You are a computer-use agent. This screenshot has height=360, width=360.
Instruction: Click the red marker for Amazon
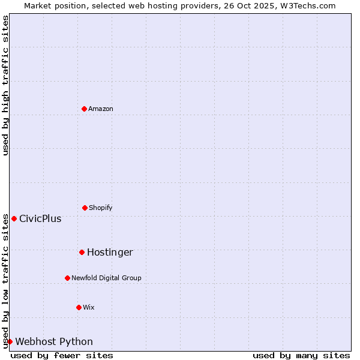pyautogui.click(x=85, y=109)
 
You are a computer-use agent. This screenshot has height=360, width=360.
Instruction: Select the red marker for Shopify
pyautogui.click(x=85, y=208)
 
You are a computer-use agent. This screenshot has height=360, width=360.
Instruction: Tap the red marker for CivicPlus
pyautogui.click(x=14, y=218)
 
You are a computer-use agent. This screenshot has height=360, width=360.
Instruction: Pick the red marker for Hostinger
pyautogui.click(x=82, y=252)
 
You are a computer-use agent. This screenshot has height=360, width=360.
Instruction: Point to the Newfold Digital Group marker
pyautogui.click(x=67, y=278)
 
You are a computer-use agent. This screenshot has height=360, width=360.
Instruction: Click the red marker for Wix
pyautogui.click(x=79, y=307)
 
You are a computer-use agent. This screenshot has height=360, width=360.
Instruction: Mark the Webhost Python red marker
pyautogui.click(x=10, y=341)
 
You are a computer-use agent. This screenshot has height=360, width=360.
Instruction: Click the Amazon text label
pyautogui.click(x=101, y=109)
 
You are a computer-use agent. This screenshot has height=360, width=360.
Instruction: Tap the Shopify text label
pyautogui.click(x=101, y=208)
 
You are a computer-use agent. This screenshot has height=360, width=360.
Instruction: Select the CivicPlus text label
pyautogui.click(x=40, y=218)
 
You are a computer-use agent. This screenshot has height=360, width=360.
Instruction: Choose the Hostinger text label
pyautogui.click(x=110, y=252)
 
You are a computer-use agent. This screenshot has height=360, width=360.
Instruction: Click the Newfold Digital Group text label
pyautogui.click(x=106, y=278)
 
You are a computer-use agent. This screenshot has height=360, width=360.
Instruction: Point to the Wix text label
pyautogui.click(x=89, y=307)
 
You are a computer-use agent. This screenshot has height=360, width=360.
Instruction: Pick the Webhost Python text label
pyautogui.click(x=54, y=341)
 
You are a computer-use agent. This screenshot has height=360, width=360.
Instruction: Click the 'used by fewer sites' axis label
pyautogui.click(x=62, y=355)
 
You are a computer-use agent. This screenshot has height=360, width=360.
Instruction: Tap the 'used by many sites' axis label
pyautogui.click(x=301, y=355)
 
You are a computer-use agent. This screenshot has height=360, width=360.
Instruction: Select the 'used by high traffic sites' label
pyautogui.click(x=5, y=85)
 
